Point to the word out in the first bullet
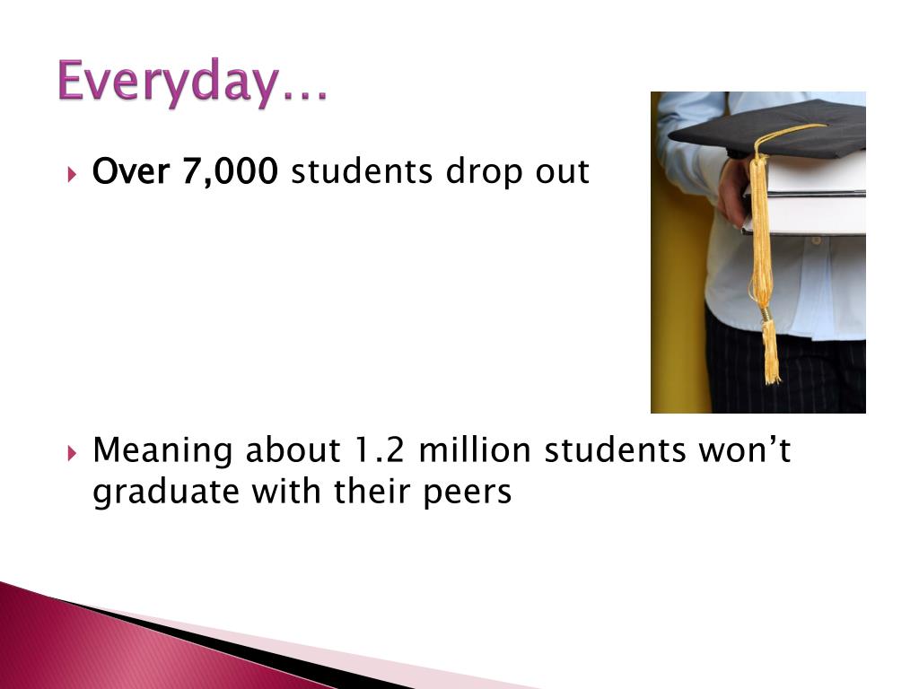coord(562,171)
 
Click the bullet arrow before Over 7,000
coord(73,171)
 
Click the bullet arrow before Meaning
coord(73,451)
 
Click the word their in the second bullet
coord(367,492)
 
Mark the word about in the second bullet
coord(291,449)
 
